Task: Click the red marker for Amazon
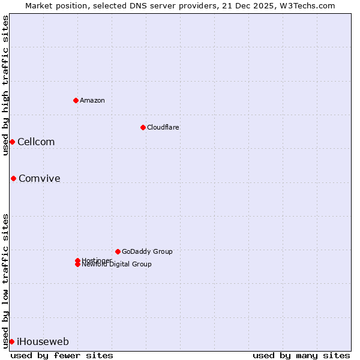point(76,100)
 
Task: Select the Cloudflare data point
point(143,127)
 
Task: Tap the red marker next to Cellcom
point(12,142)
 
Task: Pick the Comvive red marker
point(13,178)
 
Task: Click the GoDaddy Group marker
point(118,251)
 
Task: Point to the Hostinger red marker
point(78,260)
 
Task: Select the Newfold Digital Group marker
point(78,265)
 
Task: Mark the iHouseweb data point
point(11,341)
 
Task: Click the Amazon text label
point(92,100)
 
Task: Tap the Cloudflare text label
point(163,127)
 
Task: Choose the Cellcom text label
point(36,142)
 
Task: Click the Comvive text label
point(40,179)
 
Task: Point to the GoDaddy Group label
point(147,251)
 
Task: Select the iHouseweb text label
point(43,342)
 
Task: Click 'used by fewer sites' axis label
point(62,355)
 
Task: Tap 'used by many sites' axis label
point(301,355)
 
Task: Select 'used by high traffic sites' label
point(5,85)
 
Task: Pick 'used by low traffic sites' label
point(5,280)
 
